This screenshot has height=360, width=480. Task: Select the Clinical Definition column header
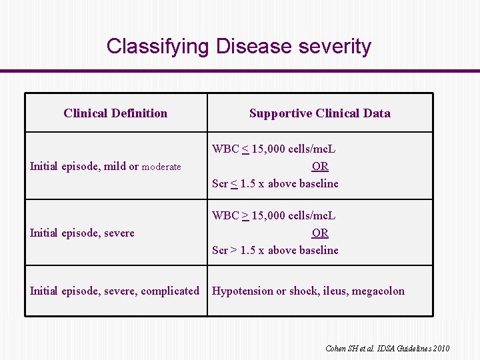115,113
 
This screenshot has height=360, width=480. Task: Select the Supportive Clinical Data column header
319,113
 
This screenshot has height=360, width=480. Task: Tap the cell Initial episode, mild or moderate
105,167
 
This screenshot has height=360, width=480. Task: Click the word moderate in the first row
161,167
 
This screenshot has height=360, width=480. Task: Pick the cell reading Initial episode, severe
82,233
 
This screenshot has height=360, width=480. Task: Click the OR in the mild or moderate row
320,166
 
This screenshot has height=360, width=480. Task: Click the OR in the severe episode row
320,233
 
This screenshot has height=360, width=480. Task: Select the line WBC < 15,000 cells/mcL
274,149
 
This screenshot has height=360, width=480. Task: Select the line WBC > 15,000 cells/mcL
274,216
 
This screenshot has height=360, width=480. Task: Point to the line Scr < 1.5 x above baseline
275,183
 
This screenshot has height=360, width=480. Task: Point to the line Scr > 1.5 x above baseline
275,250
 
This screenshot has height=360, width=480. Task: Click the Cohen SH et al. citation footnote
387,349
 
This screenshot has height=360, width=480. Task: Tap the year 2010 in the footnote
441,349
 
